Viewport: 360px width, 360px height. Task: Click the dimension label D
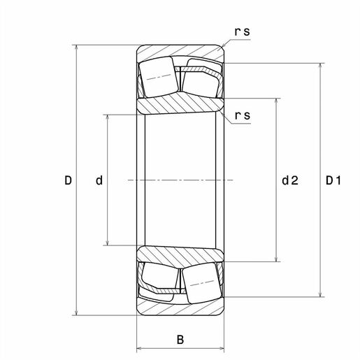coord(68,180)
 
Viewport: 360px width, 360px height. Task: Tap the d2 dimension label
coord(290,180)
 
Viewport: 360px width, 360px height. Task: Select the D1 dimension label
coord(333,180)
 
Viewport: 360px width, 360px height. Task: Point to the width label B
coord(180,340)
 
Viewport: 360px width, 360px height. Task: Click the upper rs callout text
coord(243,31)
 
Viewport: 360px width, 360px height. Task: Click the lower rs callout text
coord(243,115)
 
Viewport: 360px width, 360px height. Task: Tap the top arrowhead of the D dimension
coord(76,48)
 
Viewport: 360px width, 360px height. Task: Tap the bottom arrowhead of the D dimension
coord(76,312)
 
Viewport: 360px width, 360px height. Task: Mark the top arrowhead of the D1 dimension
coord(321,66)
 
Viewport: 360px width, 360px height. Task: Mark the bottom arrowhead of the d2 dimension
coord(276,259)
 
